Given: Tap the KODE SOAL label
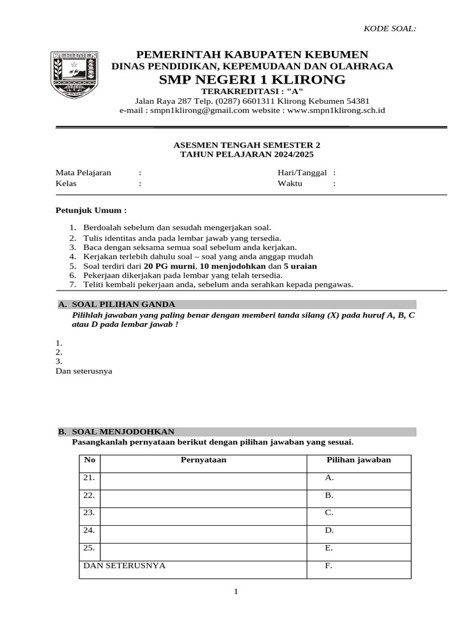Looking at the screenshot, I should (390, 29).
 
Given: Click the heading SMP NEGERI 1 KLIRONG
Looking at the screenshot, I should (252, 80).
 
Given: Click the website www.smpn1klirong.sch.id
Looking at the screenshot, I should (336, 111).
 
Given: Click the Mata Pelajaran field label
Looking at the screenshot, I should (84, 173).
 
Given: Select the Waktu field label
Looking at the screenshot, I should (290, 183).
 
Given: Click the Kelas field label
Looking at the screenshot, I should (66, 183).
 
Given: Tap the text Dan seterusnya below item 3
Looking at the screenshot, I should (84, 371).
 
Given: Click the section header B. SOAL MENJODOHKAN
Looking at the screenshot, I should (117, 432).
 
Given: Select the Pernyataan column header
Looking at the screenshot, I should (203, 460).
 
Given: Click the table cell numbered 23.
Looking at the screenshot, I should (89, 512).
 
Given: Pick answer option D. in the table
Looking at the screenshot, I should (329, 529).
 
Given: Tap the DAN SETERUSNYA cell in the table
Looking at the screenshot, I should (124, 565).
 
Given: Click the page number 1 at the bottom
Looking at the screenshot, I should (235, 592).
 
